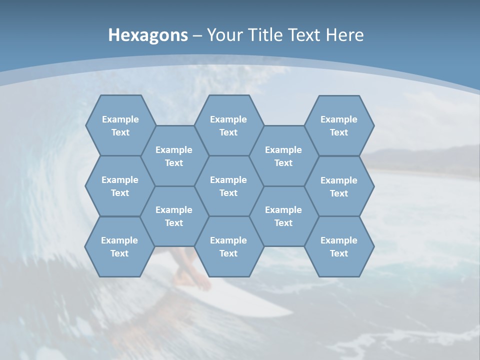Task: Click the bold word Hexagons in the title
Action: (x=148, y=35)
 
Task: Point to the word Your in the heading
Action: (x=224, y=35)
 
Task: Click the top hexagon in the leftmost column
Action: (x=120, y=125)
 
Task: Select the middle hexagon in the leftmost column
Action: (x=120, y=186)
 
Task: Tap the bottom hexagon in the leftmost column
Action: (x=119, y=246)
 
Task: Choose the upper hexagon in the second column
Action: (x=174, y=156)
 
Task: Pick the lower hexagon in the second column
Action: (x=174, y=216)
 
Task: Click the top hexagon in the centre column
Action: (x=228, y=125)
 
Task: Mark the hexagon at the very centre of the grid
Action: (x=228, y=186)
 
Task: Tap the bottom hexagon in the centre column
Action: (x=228, y=246)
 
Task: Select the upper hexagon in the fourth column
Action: (x=283, y=156)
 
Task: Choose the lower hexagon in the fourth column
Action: (x=283, y=216)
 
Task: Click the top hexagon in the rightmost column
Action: (x=339, y=125)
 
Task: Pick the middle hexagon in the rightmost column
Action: (x=339, y=186)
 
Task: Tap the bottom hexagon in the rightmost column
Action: (x=339, y=246)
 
